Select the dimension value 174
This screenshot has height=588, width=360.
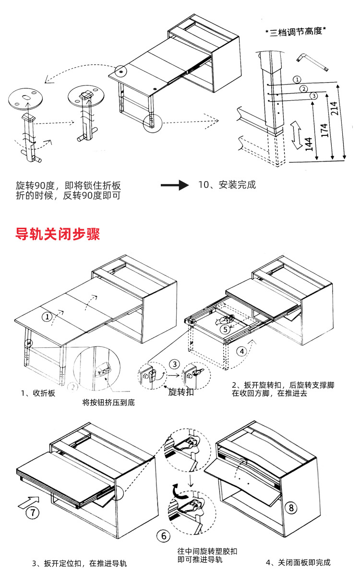point(325,130)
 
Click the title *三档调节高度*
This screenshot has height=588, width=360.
point(296,32)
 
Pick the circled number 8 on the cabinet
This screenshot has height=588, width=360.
point(291,507)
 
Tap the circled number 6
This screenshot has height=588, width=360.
point(163,535)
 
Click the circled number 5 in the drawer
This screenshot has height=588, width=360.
point(226,329)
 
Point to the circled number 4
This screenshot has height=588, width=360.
point(241,351)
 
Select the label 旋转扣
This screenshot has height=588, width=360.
point(181,392)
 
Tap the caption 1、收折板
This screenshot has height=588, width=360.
point(38,393)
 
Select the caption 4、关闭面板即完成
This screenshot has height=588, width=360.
point(298,563)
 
